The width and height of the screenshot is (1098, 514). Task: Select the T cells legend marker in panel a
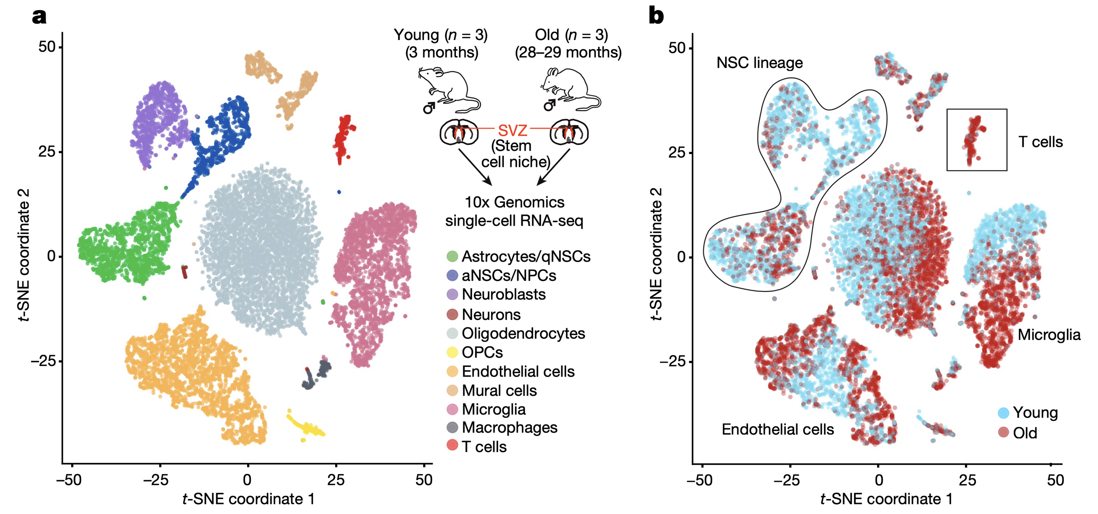[x=452, y=445]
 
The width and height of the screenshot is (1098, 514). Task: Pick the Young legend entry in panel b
[x=1034, y=413]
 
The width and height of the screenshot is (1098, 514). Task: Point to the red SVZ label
[x=512, y=130]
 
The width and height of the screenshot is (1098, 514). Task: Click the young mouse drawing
[x=448, y=90]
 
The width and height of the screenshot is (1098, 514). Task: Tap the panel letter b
[x=656, y=16]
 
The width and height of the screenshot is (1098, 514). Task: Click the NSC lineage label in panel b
[x=759, y=63]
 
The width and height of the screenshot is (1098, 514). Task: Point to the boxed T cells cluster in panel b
[x=976, y=140]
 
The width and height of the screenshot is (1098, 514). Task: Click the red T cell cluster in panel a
[x=344, y=138]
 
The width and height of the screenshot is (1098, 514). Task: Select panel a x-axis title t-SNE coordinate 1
[x=248, y=499]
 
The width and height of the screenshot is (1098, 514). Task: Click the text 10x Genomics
[x=514, y=202]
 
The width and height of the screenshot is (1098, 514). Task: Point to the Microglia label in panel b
[x=1049, y=335]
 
